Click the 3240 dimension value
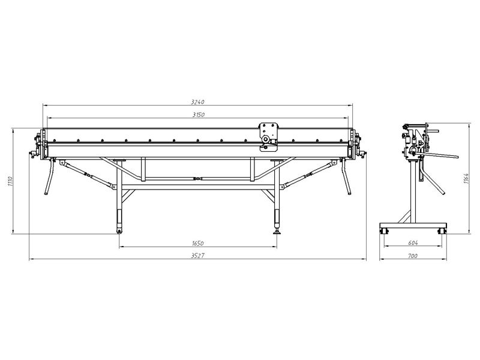pos(197,102)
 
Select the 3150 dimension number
pos(199,115)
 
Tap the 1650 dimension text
pos(198,244)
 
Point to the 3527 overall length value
pos(197,256)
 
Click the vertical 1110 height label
pos(10,182)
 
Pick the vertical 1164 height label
pos(466,179)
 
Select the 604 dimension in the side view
pos(413,243)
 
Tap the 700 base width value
pos(413,256)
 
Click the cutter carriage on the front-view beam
pos(269,137)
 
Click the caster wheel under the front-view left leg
pos(119,231)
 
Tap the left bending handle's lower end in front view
pos(46,193)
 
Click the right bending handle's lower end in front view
pos(350,193)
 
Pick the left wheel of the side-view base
pos(384,231)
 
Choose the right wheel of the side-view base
pos(442,231)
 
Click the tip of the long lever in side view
pos(458,157)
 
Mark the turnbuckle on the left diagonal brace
pos(89,176)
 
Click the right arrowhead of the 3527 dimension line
pos(366,259)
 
